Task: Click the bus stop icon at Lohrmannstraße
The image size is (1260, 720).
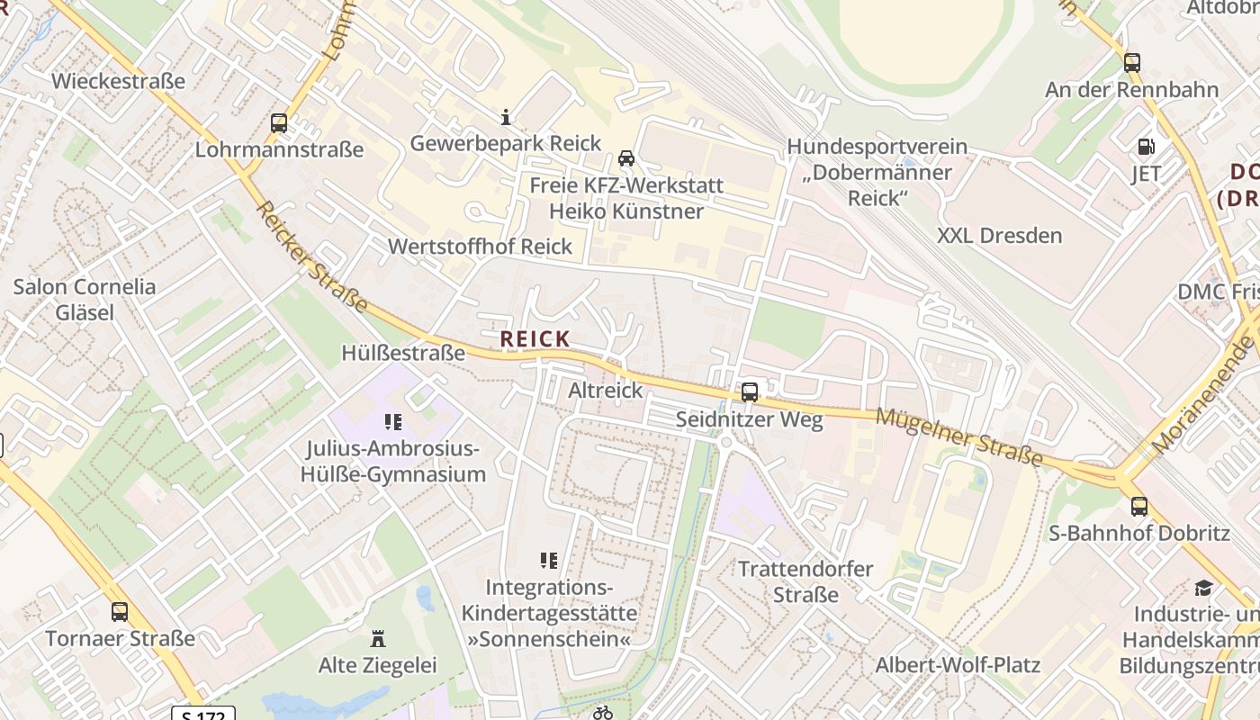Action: [x=279, y=123]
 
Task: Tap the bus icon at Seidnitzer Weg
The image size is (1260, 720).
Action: [x=749, y=392]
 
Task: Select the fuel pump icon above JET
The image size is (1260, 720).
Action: [x=1146, y=146]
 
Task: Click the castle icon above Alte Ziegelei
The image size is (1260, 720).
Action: [x=378, y=639]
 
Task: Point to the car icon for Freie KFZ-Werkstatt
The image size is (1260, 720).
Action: [x=626, y=158]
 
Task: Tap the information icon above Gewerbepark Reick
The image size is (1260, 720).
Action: [x=506, y=117]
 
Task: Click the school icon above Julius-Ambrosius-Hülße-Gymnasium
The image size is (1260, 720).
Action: [x=392, y=421]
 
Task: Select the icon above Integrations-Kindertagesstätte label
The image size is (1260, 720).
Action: [x=548, y=561]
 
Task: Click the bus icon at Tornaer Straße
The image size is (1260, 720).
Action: [x=120, y=612]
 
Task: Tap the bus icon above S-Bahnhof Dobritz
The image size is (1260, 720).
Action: [x=1139, y=506]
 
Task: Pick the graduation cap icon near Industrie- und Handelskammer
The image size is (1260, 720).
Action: [x=1203, y=589]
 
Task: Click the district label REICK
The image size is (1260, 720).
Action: [x=535, y=338]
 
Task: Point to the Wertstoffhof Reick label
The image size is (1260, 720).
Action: [x=480, y=247]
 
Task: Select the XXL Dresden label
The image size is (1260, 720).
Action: [x=999, y=236]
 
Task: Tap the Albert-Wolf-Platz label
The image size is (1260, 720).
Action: [x=958, y=666]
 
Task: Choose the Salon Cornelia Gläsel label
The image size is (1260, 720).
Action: [x=85, y=300]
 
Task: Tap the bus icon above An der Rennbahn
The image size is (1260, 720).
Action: [x=1131, y=63]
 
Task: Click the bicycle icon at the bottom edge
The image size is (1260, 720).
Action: [x=603, y=713]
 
